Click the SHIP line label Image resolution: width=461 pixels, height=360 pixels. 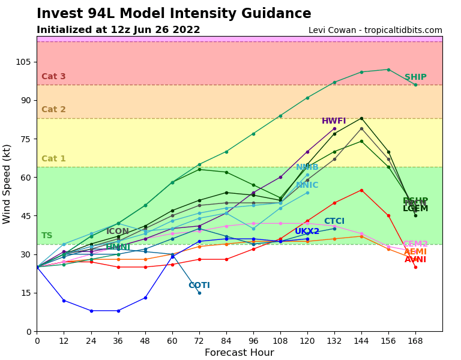point(415,77)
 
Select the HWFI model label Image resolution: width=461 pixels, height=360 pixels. point(334,121)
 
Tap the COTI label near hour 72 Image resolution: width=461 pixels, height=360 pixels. point(199,286)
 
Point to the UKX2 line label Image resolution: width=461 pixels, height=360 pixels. point(307,232)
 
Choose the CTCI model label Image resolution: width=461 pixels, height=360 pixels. point(334,221)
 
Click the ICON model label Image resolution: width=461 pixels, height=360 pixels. point(118,232)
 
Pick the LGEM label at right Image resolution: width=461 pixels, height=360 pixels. point(415,209)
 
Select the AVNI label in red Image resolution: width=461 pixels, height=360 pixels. point(415,260)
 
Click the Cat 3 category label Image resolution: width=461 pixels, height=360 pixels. point(53,77)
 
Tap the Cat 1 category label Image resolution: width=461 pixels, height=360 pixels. point(53,159)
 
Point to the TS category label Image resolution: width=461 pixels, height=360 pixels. point(47,236)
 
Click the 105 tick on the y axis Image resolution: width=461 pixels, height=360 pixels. point(23,62)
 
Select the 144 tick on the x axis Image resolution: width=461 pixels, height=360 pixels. point(361,341)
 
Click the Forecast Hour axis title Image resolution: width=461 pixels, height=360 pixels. point(239,353)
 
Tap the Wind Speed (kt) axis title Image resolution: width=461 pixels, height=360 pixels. point(7,184)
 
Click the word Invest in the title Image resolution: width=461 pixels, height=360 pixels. point(57,14)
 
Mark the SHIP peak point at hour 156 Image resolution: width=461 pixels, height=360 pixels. point(388,70)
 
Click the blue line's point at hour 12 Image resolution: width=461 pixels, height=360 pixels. point(64,301)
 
